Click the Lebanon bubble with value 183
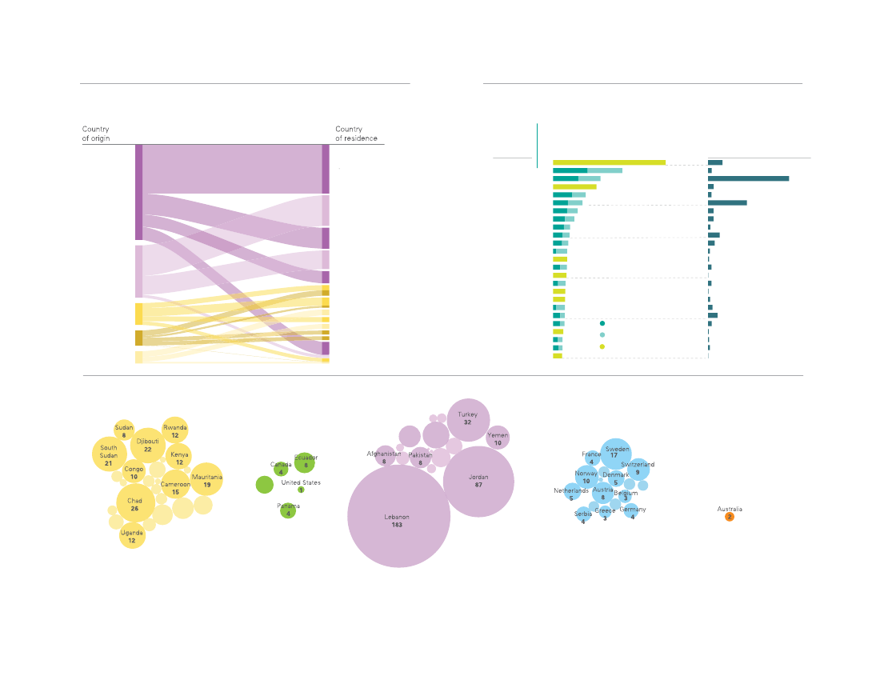(398, 517)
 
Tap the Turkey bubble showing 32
(468, 418)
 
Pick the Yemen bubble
(498, 438)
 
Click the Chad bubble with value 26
(135, 504)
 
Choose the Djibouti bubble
(148, 445)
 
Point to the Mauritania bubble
(206, 480)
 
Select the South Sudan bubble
(109, 453)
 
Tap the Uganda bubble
(132, 535)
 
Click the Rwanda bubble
(174, 430)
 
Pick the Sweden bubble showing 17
(617, 454)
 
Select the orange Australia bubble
(729, 517)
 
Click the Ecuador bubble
(305, 462)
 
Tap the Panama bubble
(288, 510)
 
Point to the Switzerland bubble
(638, 469)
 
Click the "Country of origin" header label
(96, 134)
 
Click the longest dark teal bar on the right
(748, 178)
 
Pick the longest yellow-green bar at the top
(609, 162)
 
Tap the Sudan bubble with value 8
(124, 430)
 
